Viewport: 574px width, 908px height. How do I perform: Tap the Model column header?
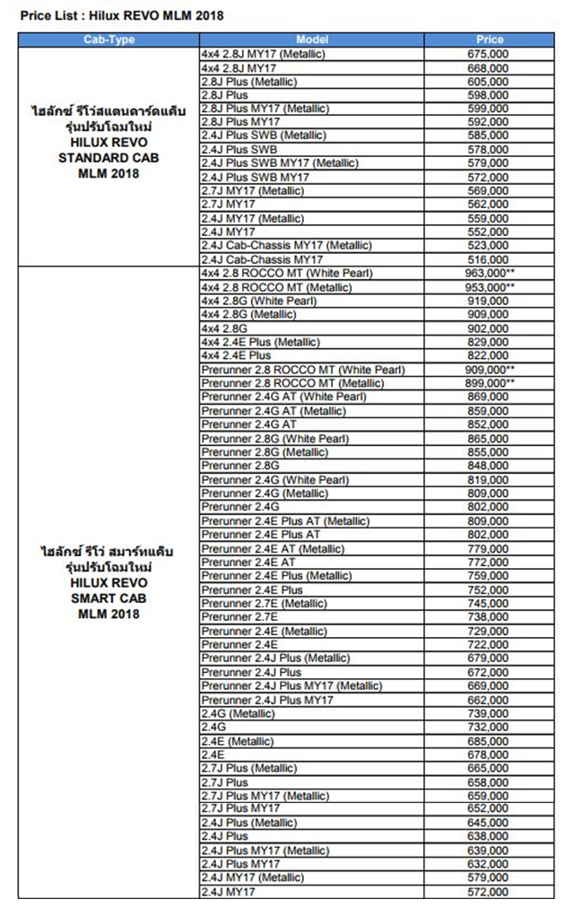point(312,39)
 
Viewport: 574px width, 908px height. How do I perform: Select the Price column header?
point(491,39)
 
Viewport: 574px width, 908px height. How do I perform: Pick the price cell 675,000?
point(488,55)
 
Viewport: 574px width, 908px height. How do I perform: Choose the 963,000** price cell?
point(491,274)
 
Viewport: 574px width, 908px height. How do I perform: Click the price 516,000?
point(488,258)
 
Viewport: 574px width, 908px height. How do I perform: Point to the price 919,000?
point(488,301)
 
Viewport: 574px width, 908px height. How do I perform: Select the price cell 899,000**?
point(491,383)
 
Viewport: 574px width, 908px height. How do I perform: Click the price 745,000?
point(488,604)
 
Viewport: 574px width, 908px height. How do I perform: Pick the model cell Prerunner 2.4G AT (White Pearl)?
point(284,397)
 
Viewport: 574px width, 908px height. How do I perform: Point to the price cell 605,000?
point(488,82)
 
